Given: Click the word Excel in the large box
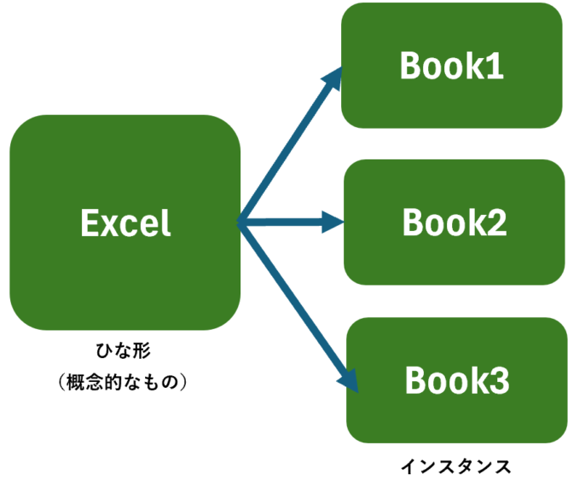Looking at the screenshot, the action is (125, 223).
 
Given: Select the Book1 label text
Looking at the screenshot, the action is (452, 66).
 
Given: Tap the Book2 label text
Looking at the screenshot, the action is (455, 223).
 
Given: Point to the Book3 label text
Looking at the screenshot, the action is (457, 380).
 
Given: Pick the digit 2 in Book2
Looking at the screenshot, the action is (497, 223).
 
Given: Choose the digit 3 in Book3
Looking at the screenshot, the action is (500, 380).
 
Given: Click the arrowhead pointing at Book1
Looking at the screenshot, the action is (332, 78).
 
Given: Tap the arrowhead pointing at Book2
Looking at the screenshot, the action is (333, 223).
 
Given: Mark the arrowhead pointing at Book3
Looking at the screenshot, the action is (349, 381).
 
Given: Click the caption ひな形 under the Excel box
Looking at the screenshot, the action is (123, 350).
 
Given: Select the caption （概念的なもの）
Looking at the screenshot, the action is (123, 382).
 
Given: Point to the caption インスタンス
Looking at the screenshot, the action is (455, 467).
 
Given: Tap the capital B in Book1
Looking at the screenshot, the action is (410, 66).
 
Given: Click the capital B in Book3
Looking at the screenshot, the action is (415, 380).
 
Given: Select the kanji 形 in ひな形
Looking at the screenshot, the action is (142, 350).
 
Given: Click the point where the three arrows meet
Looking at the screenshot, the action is (239, 223).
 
